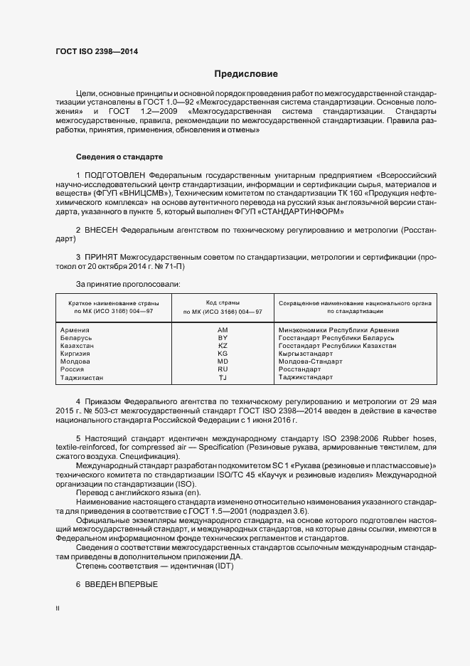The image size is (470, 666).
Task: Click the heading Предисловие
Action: (245, 74)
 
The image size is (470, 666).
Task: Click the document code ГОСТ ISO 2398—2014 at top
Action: (96, 52)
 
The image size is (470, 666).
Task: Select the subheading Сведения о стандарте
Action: (119, 157)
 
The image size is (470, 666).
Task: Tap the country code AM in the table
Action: (223, 330)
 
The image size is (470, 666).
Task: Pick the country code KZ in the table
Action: (223, 346)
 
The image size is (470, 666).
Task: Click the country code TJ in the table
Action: (223, 378)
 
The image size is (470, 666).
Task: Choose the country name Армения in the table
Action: (75, 330)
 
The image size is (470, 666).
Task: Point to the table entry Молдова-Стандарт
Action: (310, 361)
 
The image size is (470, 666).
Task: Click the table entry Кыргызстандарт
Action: (306, 354)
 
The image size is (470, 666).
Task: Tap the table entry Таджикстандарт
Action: (306, 378)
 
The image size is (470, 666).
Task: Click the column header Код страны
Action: (223, 303)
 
